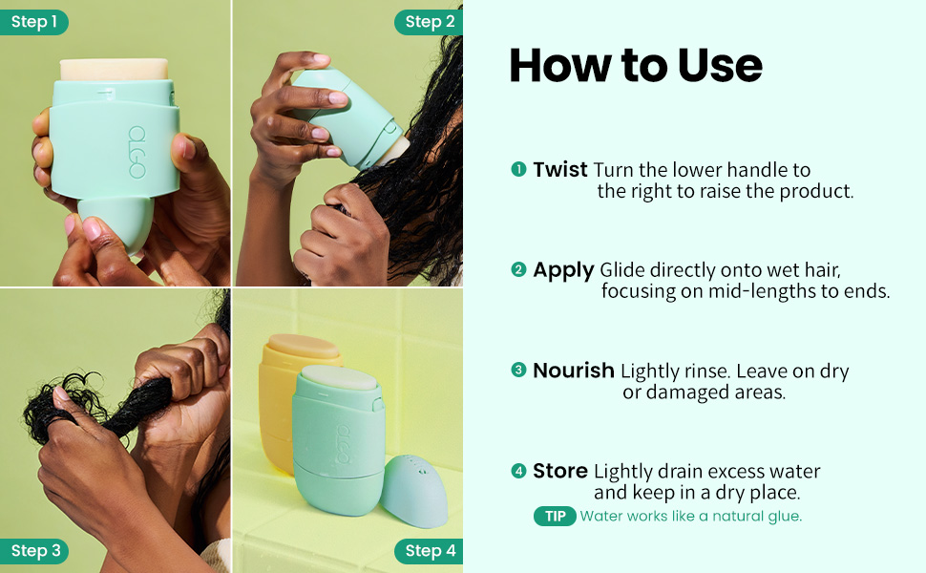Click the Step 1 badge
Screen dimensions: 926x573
(33, 22)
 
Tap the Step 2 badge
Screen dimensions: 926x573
(429, 22)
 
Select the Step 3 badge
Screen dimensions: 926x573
(33, 550)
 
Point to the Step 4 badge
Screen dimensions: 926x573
(429, 550)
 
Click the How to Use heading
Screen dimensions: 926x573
(636, 65)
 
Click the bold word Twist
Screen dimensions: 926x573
(559, 170)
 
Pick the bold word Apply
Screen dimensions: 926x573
(563, 270)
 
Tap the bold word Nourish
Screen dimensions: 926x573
(574, 371)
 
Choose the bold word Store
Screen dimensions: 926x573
(560, 471)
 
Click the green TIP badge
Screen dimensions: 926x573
(555, 517)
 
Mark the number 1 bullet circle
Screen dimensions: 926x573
(518, 170)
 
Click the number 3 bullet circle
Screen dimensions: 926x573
(518, 371)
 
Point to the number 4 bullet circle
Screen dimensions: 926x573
(518, 471)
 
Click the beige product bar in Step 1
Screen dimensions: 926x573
(114, 69)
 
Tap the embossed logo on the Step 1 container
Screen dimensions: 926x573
(137, 152)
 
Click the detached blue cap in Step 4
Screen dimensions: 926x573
(414, 490)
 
